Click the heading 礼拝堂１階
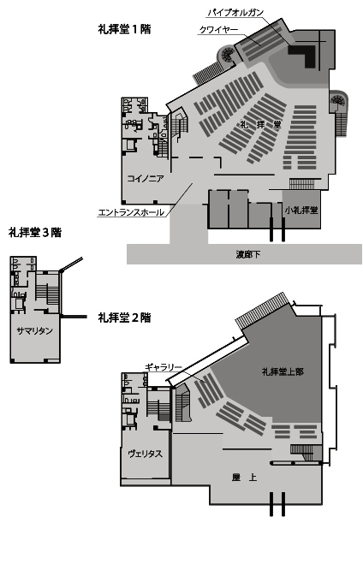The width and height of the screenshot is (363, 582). click(x=125, y=29)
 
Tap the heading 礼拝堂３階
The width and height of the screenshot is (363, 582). click(x=35, y=233)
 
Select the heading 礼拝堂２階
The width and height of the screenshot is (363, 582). click(x=125, y=318)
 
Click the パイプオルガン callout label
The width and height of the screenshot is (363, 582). click(x=235, y=13)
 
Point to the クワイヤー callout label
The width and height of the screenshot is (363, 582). click(x=218, y=29)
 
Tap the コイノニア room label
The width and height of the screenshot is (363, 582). click(x=146, y=179)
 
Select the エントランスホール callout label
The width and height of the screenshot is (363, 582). click(x=131, y=212)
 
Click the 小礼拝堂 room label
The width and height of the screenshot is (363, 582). click(x=301, y=210)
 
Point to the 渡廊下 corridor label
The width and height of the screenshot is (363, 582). click(x=248, y=254)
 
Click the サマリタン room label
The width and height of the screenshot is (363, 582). click(x=35, y=330)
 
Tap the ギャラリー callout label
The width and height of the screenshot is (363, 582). click(x=164, y=367)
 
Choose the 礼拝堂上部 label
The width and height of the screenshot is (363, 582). click(x=283, y=371)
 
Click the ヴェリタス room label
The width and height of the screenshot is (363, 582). click(x=146, y=454)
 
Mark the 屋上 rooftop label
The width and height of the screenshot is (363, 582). click(x=244, y=478)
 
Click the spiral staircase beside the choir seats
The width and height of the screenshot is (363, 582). click(x=226, y=55)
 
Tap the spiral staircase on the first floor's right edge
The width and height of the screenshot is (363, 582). click(x=338, y=101)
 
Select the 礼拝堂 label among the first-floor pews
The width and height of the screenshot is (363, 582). click(x=260, y=125)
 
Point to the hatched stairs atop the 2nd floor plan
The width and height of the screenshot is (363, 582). click(x=263, y=310)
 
